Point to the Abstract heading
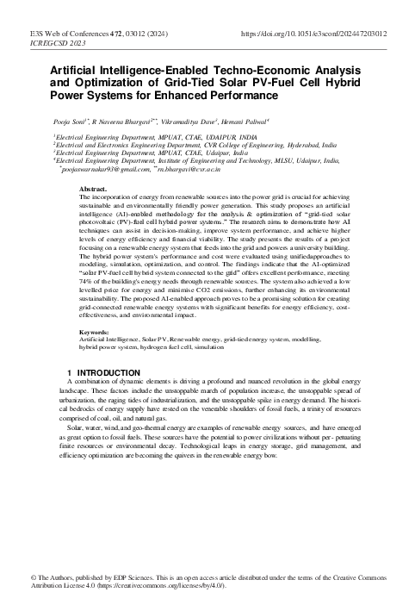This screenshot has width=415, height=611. [93, 187]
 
